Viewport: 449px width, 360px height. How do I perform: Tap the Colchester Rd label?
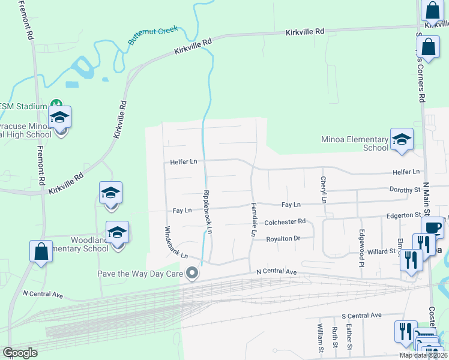pyautogui.click(x=285, y=221)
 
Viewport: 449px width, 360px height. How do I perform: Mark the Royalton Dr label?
pyautogui.click(x=283, y=238)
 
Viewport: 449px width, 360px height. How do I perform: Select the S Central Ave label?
pyautogui.click(x=361, y=315)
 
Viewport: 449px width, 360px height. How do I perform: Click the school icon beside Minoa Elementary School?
pyautogui.click(x=402, y=140)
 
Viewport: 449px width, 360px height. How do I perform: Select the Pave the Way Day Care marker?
pyautogui.click(x=192, y=274)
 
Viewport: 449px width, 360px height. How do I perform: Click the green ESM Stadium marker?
pyautogui.click(x=56, y=106)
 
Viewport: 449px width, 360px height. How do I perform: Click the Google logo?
pyautogui.click(x=20, y=353)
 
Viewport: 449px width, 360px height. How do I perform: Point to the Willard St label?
pyautogui.click(x=382, y=251)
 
